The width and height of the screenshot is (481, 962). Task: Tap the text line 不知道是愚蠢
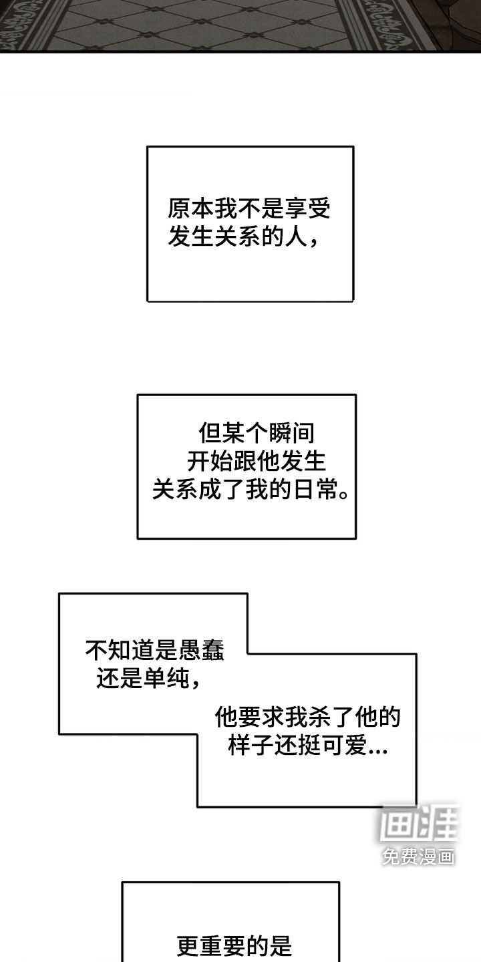click(x=155, y=648)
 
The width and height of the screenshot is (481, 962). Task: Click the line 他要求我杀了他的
click(x=308, y=717)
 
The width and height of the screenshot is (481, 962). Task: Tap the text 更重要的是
click(x=234, y=946)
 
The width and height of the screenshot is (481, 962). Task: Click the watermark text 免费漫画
click(x=418, y=856)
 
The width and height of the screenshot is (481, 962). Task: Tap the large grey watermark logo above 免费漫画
click(x=418, y=821)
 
